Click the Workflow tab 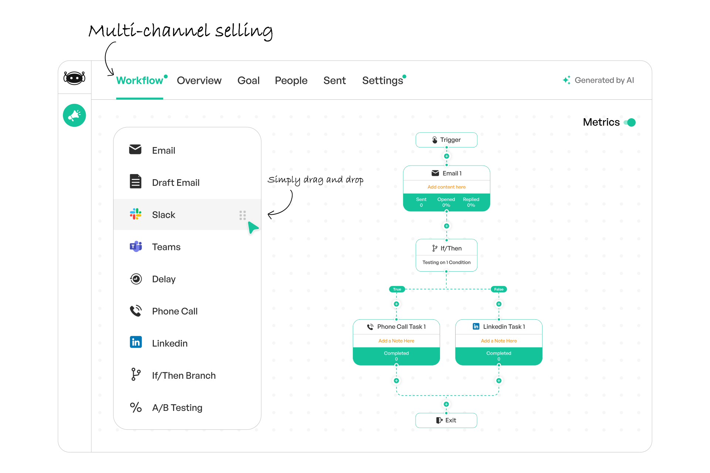[140, 81]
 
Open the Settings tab [383, 81]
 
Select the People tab [291, 81]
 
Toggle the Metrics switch [630, 122]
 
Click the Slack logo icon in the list [136, 214]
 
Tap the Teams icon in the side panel [136, 246]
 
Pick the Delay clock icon [136, 279]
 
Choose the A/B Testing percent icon [136, 407]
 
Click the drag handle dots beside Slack [243, 215]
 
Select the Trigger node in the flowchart [446, 140]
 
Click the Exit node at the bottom [446, 420]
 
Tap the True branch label [397, 289]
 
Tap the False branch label [499, 289]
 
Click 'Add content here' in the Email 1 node [446, 187]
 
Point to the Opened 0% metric [446, 202]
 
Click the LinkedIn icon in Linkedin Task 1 [476, 326]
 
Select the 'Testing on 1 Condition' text [446, 262]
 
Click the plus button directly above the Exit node [446, 404]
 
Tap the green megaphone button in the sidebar [74, 115]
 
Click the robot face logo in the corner [74, 78]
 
